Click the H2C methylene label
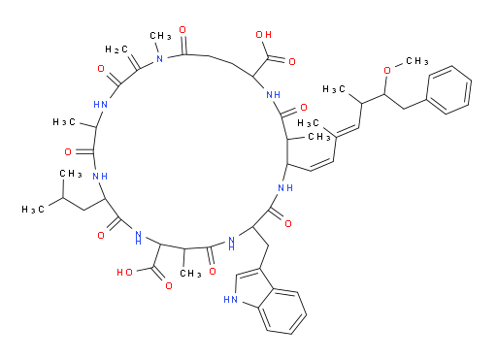coord(116,49)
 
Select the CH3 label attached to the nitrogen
coord(160,35)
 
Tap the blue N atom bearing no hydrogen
coord(159,58)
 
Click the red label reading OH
coord(264,35)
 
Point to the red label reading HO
coord(124,273)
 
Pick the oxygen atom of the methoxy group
coord(387,70)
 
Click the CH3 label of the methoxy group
coord(417,60)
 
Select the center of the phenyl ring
coord(449,90)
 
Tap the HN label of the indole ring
coord(230,300)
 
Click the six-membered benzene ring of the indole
coord(282,312)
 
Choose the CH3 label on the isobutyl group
coord(71,174)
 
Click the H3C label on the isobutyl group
coord(33,210)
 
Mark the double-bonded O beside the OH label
coord(292,62)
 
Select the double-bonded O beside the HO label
coord(169,285)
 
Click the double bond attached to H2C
coord(134,61)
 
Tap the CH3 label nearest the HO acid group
coord(190,274)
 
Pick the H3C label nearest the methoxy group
coord(334,89)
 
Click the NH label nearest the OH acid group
coord(273,95)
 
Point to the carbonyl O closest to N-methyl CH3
coord(182,30)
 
